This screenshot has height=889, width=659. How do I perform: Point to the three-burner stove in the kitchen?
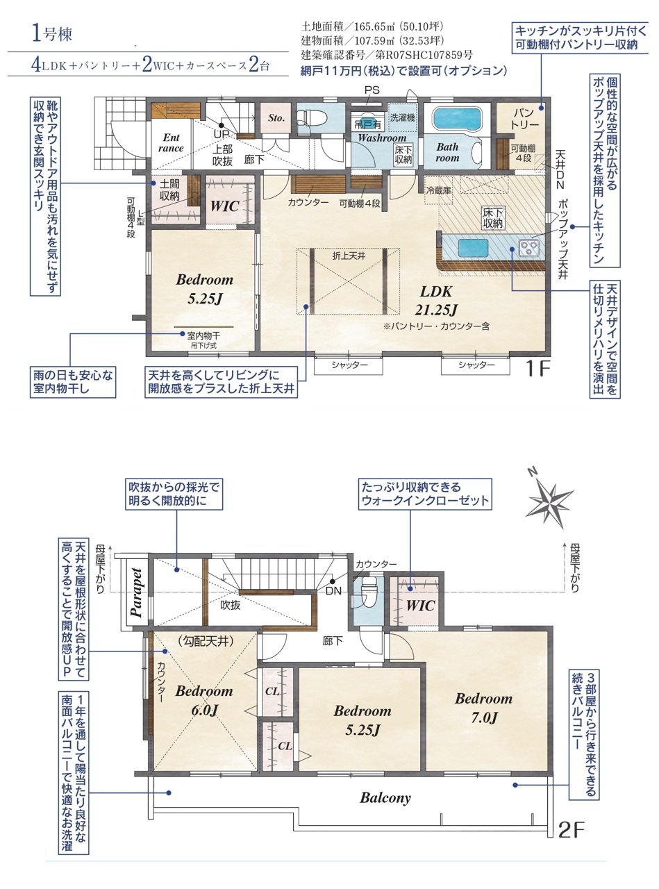click(529, 247)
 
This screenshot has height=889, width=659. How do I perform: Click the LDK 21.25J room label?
click(436, 300)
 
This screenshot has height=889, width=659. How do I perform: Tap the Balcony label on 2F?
click(385, 797)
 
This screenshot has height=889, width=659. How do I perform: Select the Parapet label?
click(136, 592)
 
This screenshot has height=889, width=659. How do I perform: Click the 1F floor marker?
click(537, 368)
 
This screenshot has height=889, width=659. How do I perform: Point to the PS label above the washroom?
click(372, 90)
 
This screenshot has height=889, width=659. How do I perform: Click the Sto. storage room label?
click(276, 118)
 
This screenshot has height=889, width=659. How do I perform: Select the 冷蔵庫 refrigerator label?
click(439, 190)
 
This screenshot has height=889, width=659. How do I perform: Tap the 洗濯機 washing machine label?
click(403, 117)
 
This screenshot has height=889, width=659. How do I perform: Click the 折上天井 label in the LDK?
click(349, 256)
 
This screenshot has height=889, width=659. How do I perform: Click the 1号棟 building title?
click(52, 34)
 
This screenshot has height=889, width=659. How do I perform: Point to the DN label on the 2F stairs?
click(333, 591)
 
